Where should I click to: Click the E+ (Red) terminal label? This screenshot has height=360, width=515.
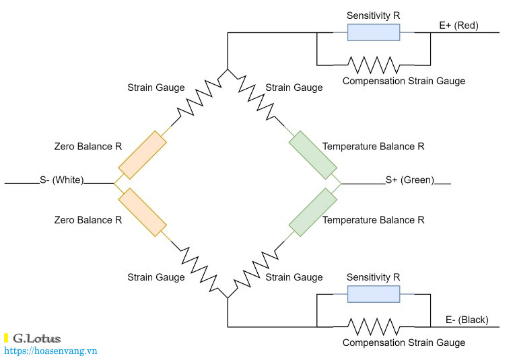[459, 26]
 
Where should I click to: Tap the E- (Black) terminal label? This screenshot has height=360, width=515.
[467, 320]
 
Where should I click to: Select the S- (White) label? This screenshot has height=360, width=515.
[62, 180]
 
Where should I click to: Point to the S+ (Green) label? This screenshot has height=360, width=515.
[410, 180]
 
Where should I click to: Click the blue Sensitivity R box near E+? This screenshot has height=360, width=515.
[374, 32]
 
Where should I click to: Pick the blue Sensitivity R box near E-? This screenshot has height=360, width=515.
[374, 294]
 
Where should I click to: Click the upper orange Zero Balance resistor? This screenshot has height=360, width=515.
[142, 155]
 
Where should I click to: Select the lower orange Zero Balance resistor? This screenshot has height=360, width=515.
[142, 213]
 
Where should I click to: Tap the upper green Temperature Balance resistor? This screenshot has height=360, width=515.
[313, 155]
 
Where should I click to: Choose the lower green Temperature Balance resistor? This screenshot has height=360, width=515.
[313, 213]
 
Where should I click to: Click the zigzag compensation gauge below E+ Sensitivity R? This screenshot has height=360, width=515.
[374, 65]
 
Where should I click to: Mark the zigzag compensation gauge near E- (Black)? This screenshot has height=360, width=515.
[374, 327]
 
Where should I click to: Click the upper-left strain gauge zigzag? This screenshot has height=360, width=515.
[199, 97]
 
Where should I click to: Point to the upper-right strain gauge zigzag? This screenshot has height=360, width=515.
[256, 97]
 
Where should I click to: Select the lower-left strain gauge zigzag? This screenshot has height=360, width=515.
[199, 269]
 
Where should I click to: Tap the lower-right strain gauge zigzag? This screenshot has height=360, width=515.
[256, 269]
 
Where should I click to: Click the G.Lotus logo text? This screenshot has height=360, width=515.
[37, 338]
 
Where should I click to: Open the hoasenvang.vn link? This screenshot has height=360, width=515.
[50, 351]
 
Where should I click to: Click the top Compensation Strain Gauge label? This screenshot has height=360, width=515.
[404, 81]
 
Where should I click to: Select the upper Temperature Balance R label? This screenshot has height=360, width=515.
[373, 147]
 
